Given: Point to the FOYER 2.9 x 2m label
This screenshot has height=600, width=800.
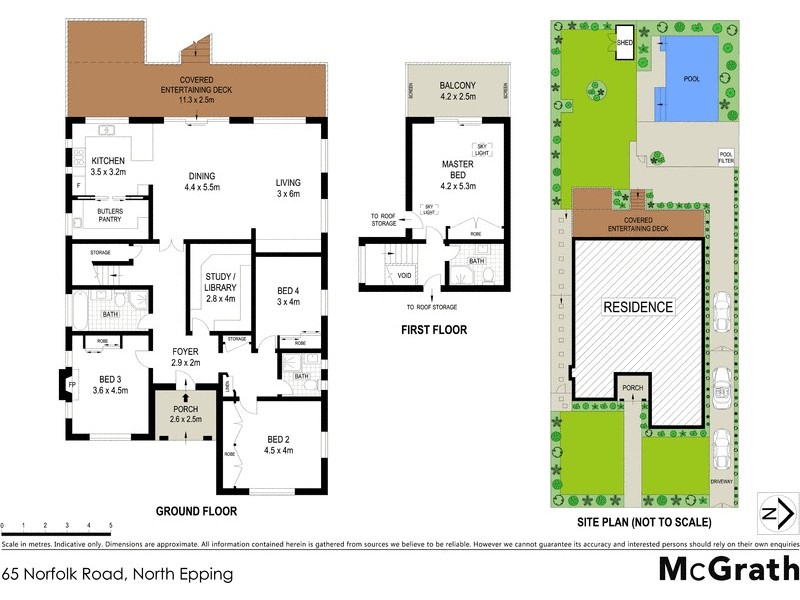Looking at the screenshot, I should click(186, 357).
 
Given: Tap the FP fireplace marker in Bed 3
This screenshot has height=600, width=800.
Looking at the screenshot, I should click(71, 382).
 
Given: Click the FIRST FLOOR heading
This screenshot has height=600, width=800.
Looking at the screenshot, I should click(433, 329).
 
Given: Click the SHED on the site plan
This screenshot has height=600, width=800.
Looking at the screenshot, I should click(625, 43).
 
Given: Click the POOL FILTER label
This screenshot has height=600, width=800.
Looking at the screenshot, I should click(726, 157).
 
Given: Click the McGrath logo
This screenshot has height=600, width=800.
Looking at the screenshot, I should click(727, 568).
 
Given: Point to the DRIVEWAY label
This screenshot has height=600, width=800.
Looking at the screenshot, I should click(721, 481).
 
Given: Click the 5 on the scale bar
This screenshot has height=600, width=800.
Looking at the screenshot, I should click(110, 525).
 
